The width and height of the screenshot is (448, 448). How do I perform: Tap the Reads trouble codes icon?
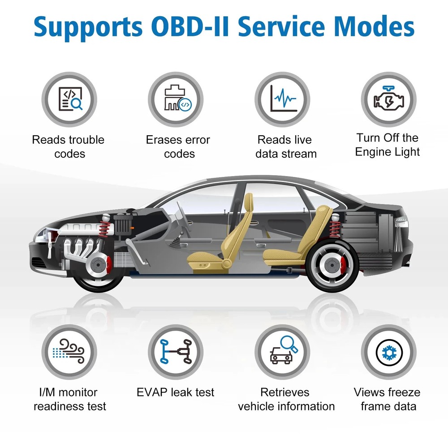[x=69, y=99]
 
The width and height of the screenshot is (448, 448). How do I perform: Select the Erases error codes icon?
[x=176, y=99]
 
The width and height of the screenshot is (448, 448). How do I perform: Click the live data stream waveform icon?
[x=283, y=99]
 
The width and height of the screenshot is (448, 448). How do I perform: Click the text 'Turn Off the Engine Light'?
[x=388, y=145]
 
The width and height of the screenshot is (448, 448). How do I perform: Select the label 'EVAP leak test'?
[x=176, y=392]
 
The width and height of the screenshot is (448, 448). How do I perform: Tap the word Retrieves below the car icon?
[x=285, y=392]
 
